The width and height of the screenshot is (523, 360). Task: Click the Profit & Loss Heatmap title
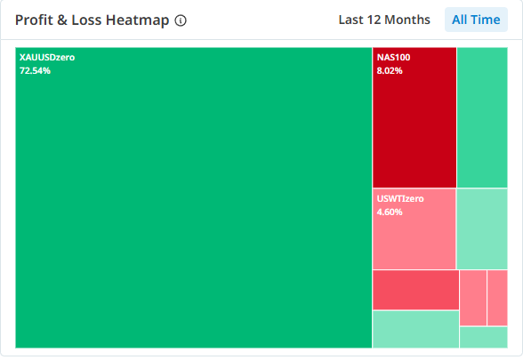pyautogui.click(x=93, y=20)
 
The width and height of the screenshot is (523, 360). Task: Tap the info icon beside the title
pyautogui.click(x=181, y=20)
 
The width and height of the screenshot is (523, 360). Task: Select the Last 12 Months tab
pyautogui.click(x=384, y=20)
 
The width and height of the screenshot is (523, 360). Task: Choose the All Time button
pyautogui.click(x=476, y=20)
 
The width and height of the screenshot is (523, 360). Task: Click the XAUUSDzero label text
pyautogui.click(x=47, y=57)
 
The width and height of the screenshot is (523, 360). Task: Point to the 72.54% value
pyautogui.click(x=35, y=71)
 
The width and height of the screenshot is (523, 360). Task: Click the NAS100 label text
pyautogui.click(x=393, y=57)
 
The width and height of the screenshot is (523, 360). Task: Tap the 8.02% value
pyautogui.click(x=390, y=71)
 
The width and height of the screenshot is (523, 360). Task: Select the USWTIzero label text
pyautogui.click(x=400, y=199)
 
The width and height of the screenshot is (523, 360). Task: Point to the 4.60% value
pyautogui.click(x=390, y=212)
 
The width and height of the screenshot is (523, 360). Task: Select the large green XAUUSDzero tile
pyautogui.click(x=194, y=197)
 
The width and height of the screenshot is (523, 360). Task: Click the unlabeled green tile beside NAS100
pyautogui.click(x=482, y=117)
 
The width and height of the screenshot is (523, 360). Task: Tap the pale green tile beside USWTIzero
pyautogui.click(x=482, y=228)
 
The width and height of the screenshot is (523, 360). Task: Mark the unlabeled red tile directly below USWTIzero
pyautogui.click(x=415, y=290)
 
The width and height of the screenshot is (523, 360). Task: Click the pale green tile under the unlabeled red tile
pyautogui.click(x=415, y=329)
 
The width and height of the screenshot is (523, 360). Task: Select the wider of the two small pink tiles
pyautogui.click(x=473, y=298)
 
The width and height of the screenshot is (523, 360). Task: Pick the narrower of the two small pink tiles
pyautogui.click(x=497, y=298)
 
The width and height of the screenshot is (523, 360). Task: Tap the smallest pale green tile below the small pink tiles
pyautogui.click(x=484, y=338)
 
